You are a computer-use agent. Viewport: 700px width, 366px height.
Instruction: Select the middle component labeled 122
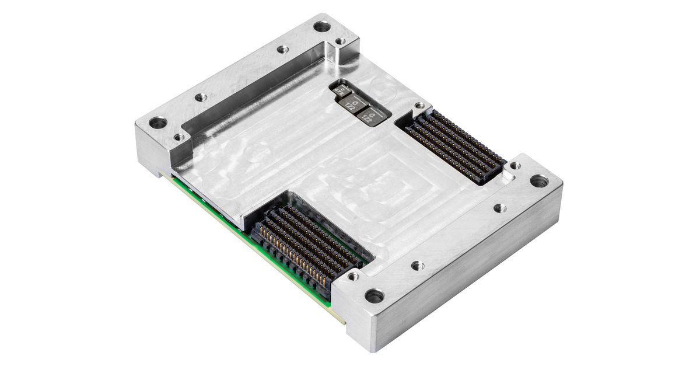click(353, 103)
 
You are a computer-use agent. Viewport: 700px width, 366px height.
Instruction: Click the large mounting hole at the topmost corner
click(320, 26)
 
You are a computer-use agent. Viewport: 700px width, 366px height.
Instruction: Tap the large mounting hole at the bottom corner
click(374, 296)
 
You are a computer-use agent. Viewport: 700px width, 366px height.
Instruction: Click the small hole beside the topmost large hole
click(339, 41)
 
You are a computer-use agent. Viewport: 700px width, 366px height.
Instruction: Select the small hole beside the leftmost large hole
click(179, 137)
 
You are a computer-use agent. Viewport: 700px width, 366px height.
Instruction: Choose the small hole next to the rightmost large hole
click(515, 166)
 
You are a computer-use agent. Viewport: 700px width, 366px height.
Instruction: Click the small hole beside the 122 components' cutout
click(418, 106)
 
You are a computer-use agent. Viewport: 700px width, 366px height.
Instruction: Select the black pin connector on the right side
click(455, 143)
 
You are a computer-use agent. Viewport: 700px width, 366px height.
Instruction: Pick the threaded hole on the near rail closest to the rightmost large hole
click(499, 208)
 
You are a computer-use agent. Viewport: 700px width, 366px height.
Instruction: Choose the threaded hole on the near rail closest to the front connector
click(417, 266)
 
